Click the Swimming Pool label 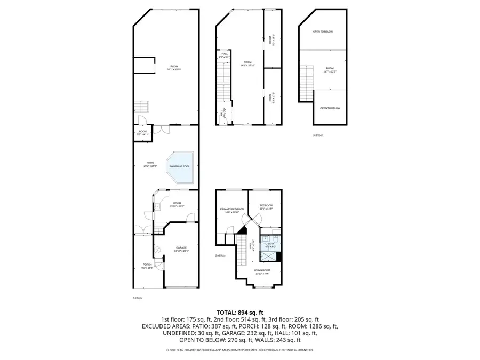179,166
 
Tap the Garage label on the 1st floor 181,249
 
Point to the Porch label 147,266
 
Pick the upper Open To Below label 323,31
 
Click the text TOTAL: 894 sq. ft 239,313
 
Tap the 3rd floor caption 318,135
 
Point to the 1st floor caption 138,298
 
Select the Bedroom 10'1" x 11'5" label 266,207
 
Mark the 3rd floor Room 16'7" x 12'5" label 330,70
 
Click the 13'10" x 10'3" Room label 177,204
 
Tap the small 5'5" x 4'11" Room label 142,133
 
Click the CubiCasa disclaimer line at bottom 239,350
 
